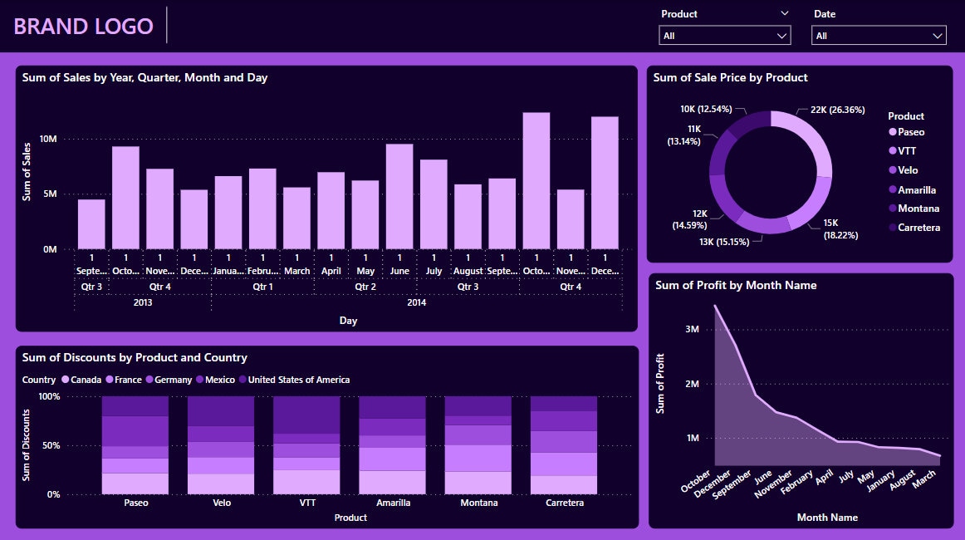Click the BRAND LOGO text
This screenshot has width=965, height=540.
pyautogui.click(x=83, y=27)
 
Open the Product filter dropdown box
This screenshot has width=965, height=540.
pyautogui.click(x=724, y=36)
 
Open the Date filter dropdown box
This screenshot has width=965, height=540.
pyautogui.click(x=879, y=36)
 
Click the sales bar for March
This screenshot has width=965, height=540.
pyautogui.click(x=296, y=218)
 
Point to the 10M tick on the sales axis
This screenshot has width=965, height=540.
pyautogui.click(x=48, y=140)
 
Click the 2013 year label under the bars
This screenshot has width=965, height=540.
pyautogui.click(x=142, y=302)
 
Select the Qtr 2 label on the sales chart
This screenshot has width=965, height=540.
pyautogui.click(x=365, y=287)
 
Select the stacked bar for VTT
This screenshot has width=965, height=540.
pyautogui.click(x=306, y=445)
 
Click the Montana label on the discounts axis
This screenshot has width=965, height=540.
pyautogui.click(x=478, y=503)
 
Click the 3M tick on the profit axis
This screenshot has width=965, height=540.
pyautogui.click(x=693, y=329)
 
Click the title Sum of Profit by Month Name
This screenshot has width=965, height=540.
pyautogui.click(x=735, y=285)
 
